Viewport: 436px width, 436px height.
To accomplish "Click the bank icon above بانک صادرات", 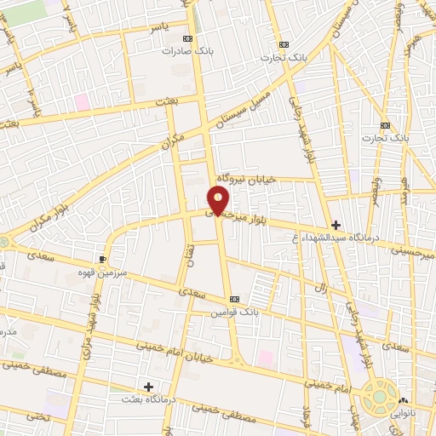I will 188,39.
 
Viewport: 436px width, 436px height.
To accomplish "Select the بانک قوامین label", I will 235,313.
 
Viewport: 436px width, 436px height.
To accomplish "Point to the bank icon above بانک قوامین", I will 235,300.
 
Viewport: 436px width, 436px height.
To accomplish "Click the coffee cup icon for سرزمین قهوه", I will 104,258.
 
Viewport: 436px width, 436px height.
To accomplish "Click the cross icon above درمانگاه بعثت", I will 149,387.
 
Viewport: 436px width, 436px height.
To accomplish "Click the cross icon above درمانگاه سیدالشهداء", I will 337,226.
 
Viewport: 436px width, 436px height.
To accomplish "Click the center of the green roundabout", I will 376,399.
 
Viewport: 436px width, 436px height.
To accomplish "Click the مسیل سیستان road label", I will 244,109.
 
